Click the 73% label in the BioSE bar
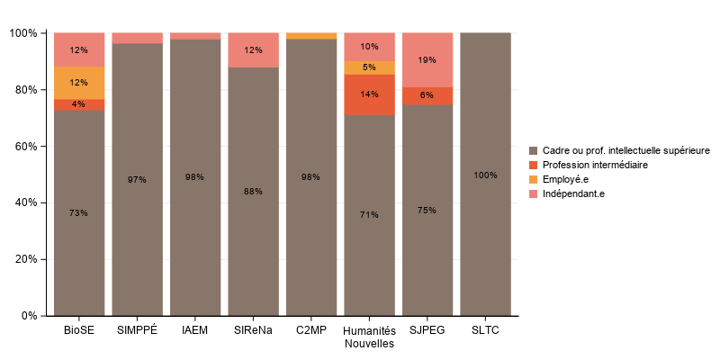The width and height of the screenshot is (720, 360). [78, 213]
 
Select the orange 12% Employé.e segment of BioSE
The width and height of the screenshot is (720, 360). [78, 83]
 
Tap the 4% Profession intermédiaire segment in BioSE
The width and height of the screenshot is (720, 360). [78, 104]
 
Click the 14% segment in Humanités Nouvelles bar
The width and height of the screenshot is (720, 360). [369, 94]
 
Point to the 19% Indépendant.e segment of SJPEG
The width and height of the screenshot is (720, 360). [427, 60]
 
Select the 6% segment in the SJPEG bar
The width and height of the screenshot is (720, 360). [427, 95]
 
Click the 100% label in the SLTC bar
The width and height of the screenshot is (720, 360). [485, 175]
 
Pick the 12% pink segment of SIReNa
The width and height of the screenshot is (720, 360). [253, 50]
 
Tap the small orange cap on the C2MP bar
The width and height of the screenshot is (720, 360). [310, 36]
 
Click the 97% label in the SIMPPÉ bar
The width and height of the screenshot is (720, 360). [137, 180]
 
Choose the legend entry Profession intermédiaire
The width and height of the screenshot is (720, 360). [594, 166]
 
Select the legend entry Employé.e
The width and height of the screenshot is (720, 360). [565, 179]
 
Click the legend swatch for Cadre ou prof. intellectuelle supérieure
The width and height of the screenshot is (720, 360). [534, 151]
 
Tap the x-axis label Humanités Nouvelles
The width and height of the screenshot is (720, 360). [369, 337]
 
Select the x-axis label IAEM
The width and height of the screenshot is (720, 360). [194, 330]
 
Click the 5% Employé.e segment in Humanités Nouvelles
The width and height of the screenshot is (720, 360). [369, 67]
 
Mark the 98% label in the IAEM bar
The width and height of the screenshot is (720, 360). [194, 177]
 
